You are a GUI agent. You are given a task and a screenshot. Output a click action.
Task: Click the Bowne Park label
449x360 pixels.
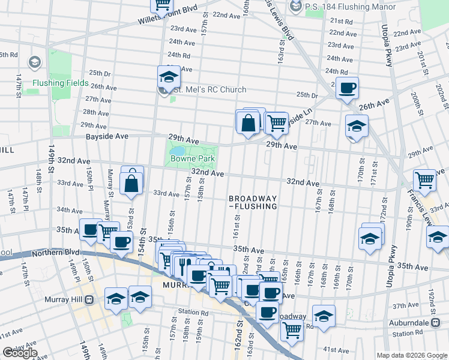[192, 159]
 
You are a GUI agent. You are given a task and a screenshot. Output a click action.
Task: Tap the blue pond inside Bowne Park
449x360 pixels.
[178, 150]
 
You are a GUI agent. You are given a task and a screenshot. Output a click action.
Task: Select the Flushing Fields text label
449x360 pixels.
[61, 83]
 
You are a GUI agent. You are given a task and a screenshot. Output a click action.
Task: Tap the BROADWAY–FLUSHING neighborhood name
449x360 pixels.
[253, 202]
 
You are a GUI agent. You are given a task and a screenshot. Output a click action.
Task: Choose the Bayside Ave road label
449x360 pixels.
[109, 137]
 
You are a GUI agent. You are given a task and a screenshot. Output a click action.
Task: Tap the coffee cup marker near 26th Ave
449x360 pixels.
[347, 89]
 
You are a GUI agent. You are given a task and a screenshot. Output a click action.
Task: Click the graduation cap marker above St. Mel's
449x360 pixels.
[169, 77]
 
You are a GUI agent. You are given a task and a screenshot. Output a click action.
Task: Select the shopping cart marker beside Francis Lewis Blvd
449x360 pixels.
[424, 179]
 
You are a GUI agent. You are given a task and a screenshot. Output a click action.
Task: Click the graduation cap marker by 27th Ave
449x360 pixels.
[357, 127]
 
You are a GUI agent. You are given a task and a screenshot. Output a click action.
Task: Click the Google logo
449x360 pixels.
[20, 353]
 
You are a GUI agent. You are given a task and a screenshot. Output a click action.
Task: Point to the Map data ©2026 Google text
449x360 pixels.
[411, 355]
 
